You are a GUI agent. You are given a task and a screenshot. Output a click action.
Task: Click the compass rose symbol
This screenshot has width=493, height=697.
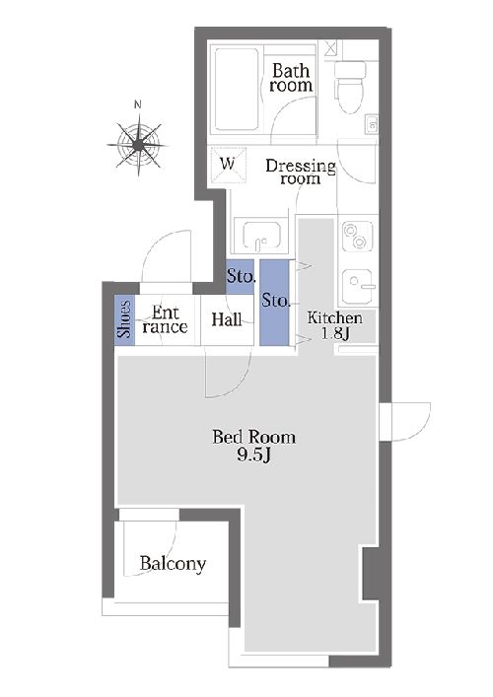pyautogui.click(x=139, y=145)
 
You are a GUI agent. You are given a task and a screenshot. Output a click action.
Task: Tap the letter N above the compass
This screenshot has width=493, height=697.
pyautogui.click(x=138, y=105)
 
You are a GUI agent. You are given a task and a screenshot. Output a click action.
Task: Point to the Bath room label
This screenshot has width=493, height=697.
pyautogui.click(x=291, y=77)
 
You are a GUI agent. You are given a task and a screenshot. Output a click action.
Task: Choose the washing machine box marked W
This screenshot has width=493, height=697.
pyautogui.click(x=228, y=164)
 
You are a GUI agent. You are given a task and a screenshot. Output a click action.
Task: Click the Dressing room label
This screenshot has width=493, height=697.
pyautogui.click(x=301, y=172)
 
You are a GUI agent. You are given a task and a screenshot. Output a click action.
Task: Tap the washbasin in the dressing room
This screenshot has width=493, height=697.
pyautogui.click(x=261, y=234)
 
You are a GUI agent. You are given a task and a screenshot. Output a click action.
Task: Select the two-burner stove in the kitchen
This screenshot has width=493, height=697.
pyautogui.click(x=357, y=236)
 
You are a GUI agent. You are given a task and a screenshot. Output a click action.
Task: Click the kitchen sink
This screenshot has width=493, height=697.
pyautogui.click(x=359, y=286)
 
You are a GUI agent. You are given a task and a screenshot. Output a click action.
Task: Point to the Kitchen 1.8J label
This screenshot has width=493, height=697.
pyautogui.click(x=334, y=325)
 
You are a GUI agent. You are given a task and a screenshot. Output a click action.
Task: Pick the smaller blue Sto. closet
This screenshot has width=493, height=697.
pyautogui.click(x=240, y=276)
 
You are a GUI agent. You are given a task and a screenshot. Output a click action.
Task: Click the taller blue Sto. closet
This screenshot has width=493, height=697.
pyautogui.click(x=274, y=303)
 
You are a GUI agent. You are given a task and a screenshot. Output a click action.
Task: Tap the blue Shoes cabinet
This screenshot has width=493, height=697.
pyautogui.click(x=125, y=317)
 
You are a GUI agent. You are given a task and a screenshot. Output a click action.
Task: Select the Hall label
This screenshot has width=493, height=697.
pyautogui.click(x=227, y=319)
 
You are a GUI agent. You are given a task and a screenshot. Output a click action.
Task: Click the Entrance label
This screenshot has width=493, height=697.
pyautogui.click(x=165, y=319)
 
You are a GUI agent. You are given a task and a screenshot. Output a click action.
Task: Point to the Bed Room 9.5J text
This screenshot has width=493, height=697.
pyautogui.click(x=253, y=445)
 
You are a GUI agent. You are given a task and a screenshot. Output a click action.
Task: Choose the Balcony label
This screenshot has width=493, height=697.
pyautogui.click(x=173, y=564)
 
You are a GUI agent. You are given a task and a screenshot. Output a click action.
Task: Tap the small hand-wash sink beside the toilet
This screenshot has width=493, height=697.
pyautogui.click(x=372, y=124)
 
